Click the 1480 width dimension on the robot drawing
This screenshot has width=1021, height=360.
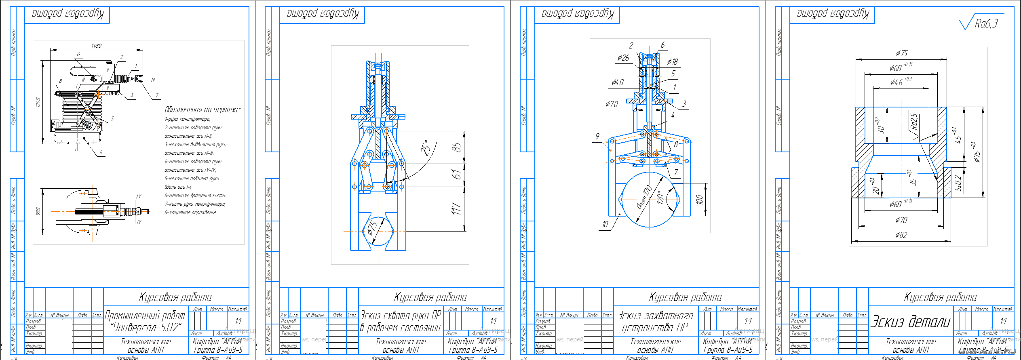point(96,46)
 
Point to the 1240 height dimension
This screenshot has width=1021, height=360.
point(38,102)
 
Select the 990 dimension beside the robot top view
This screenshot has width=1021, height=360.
point(38,212)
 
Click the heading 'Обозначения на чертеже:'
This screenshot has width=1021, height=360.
point(202,110)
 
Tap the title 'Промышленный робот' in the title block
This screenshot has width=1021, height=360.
point(145,316)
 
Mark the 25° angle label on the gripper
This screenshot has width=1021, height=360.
point(425,148)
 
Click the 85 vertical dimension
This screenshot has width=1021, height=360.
point(456,147)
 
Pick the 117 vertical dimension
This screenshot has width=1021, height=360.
point(456,209)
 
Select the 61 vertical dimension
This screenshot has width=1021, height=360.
point(456,175)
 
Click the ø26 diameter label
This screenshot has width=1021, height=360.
point(623,58)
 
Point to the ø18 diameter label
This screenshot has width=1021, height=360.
point(672,62)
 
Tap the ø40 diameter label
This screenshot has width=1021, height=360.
point(617,82)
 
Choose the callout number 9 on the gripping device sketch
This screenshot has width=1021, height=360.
point(597,136)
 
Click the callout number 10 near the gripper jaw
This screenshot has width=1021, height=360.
point(605,224)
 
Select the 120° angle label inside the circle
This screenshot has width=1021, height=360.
point(660,198)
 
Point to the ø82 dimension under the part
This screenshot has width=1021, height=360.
point(901,235)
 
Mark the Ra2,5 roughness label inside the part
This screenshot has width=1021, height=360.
point(914,122)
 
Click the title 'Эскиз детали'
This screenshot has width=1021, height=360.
point(910,322)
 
